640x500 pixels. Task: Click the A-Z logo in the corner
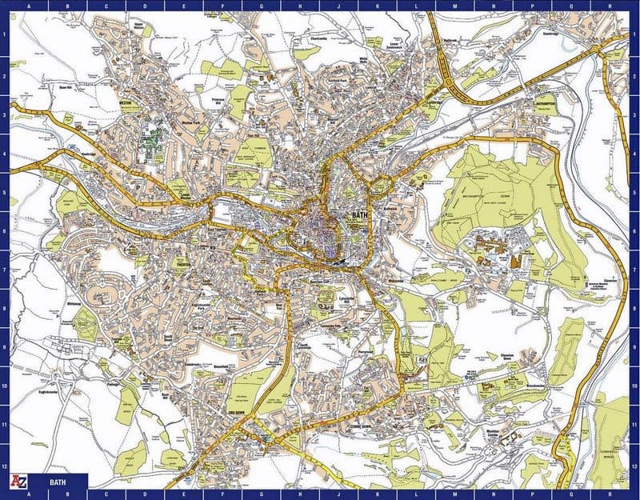tap(18, 482)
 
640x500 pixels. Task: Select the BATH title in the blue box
tap(58, 482)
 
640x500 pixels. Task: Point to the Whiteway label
tap(75, 305)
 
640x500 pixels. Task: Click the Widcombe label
tap(395, 282)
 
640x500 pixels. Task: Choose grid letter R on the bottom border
tap(611, 494)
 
